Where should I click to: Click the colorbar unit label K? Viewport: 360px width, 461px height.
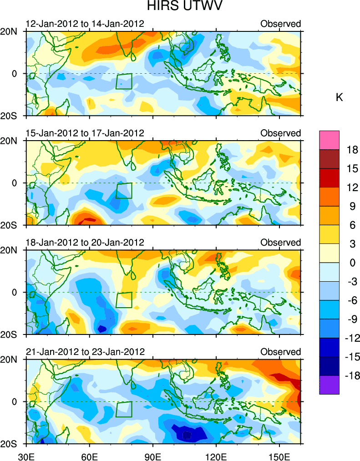click(x=339, y=97)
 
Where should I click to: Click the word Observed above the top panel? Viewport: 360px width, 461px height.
click(x=281, y=24)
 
